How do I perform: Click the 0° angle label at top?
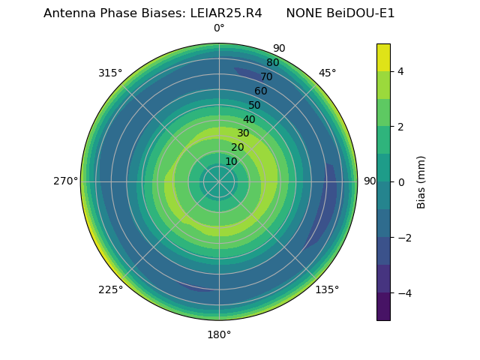pyautogui.click(x=219, y=28)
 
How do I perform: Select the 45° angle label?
pyautogui.click(x=327, y=73)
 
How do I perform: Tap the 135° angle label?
pyautogui.click(x=327, y=289)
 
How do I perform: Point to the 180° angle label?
pyautogui.click(x=219, y=334)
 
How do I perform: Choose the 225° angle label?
pyautogui.click(x=110, y=290)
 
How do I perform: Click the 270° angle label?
pyautogui.click(x=66, y=181)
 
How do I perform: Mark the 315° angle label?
pyautogui.click(x=110, y=73)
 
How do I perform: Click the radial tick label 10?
pyautogui.click(x=231, y=161)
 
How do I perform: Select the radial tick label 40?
pyautogui.click(x=249, y=119)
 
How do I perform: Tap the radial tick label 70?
pyautogui.click(x=266, y=77)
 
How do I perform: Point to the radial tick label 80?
pyautogui.click(x=272, y=63)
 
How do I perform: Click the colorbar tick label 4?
pyautogui.click(x=401, y=71)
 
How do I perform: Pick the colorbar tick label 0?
pyautogui.click(x=401, y=181)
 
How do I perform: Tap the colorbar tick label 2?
pyautogui.click(x=401, y=127)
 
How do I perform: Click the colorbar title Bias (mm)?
pyautogui.click(x=421, y=181)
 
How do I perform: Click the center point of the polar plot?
pyautogui.click(x=219, y=181)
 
